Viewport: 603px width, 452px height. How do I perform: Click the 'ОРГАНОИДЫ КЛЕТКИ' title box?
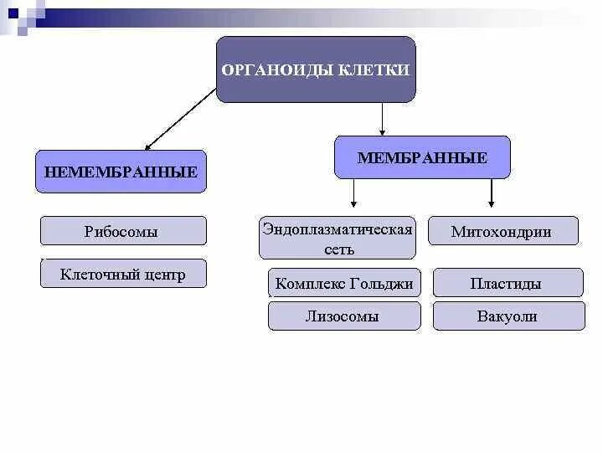pos(316,69)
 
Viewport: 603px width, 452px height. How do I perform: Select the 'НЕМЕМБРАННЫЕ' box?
pos(121,172)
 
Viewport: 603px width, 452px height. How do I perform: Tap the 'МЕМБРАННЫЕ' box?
pos(422,157)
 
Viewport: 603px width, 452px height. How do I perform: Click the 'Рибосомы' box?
pos(122,231)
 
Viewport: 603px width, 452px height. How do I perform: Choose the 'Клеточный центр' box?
pos(123,274)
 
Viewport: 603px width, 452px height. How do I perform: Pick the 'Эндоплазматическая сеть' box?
pos(338,239)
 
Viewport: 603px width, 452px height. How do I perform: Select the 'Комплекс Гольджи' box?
pos(344,283)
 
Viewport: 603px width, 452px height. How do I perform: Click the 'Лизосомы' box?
pos(344,316)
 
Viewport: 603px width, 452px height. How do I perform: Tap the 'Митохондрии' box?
pos(502,231)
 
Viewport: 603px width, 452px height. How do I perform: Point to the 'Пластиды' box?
pos(508,283)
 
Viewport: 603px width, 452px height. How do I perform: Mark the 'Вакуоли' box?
pos(508,316)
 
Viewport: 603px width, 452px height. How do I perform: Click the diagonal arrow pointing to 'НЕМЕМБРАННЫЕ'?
pos(179,120)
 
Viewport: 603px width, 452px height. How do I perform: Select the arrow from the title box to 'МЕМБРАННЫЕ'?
pos(382,118)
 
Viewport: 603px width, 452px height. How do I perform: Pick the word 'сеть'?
pos(338,249)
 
